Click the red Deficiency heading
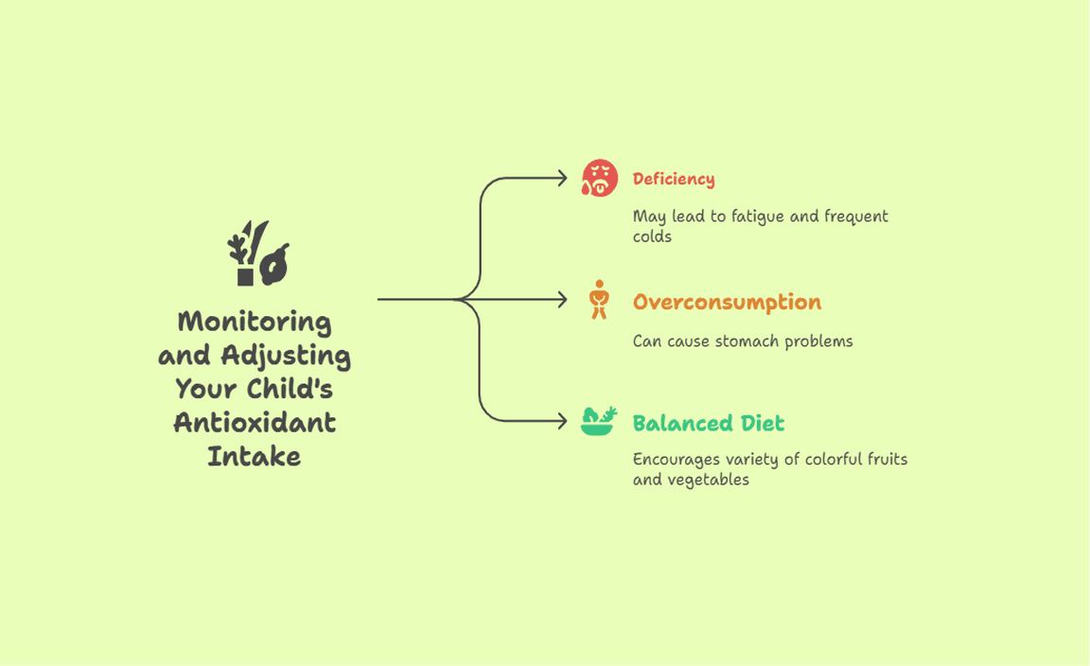[x=673, y=180]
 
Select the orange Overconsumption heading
[x=727, y=302]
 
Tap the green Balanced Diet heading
[x=709, y=423]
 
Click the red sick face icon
[x=600, y=178]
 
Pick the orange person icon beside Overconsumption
[x=599, y=300]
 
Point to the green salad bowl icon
[x=599, y=421]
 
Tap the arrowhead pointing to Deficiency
[x=562, y=179]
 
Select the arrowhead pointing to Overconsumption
[x=562, y=300]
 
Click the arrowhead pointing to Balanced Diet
[x=562, y=421]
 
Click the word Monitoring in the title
[x=255, y=323]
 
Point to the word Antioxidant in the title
[x=255, y=423]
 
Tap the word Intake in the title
[x=255, y=457]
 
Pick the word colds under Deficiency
[x=652, y=237]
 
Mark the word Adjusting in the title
[x=286, y=356]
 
